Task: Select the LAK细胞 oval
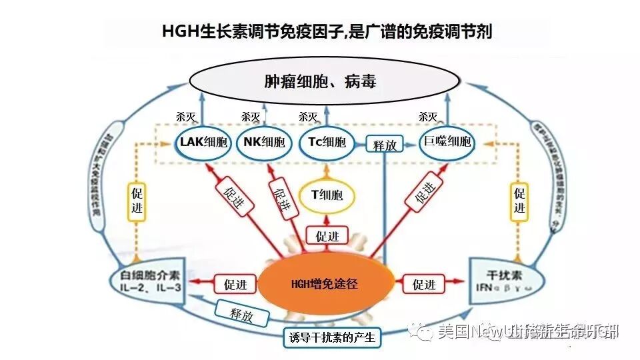[x=203, y=143]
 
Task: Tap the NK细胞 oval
[x=264, y=143]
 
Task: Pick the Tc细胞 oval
[x=327, y=143]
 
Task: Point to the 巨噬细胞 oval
[x=447, y=143]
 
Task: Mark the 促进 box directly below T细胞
[x=327, y=235]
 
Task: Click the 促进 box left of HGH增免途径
[x=235, y=285]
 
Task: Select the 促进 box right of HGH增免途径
[x=424, y=285]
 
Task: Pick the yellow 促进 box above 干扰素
[x=521, y=202]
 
